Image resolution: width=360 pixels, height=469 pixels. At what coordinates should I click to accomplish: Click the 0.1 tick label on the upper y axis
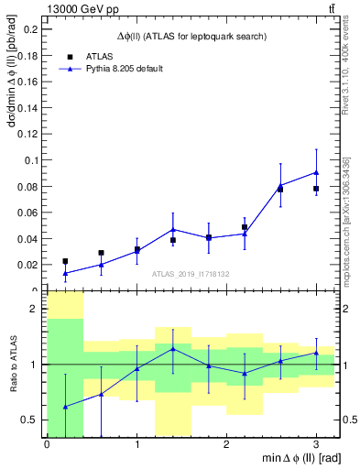tap(32, 160)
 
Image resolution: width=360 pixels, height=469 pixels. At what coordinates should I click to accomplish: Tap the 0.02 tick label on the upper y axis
tap(27, 265)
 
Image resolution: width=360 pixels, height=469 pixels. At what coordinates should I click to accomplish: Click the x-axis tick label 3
tap(316, 444)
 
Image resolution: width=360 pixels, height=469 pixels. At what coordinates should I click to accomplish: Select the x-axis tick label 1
tap(136, 444)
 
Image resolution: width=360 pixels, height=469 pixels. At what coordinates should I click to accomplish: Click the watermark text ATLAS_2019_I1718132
tap(191, 273)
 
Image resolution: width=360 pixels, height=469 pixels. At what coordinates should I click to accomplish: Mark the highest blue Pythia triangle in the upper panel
tap(316, 172)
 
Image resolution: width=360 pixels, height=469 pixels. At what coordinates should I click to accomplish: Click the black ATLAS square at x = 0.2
tap(65, 261)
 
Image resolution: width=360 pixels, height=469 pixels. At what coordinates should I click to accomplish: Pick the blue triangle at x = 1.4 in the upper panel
tap(173, 229)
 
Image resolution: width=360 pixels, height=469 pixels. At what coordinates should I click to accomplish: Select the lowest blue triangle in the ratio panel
tap(65, 407)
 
